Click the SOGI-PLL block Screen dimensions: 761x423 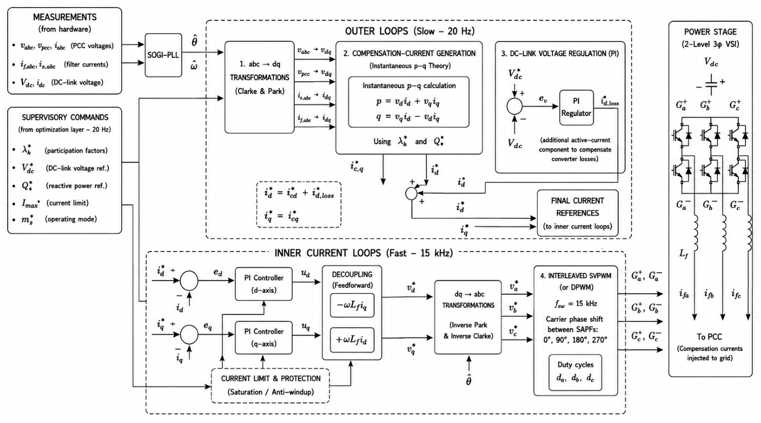click(163, 55)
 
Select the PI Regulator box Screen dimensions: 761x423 click(576, 107)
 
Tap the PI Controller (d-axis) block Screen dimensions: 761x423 click(264, 284)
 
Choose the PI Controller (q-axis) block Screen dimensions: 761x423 click(264, 337)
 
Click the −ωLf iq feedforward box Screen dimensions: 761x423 click(352, 305)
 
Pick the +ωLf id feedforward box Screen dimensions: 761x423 click(352, 340)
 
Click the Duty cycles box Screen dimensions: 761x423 click(575, 373)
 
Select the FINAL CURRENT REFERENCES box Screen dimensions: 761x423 click(577, 213)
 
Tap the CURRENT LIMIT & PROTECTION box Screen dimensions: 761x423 click(271, 386)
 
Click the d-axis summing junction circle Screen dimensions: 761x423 click(189, 281)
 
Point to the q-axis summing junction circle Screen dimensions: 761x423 click(189, 334)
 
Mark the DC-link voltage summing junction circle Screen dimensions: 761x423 click(515, 107)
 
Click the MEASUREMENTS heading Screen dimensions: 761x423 click(64, 17)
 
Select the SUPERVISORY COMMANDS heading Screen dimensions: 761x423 click(65, 117)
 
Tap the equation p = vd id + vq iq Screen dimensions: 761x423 click(409, 102)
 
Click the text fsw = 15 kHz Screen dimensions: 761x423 click(576, 304)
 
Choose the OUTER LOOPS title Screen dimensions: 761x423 click(410, 31)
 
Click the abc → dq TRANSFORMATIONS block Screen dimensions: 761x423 click(259, 87)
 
